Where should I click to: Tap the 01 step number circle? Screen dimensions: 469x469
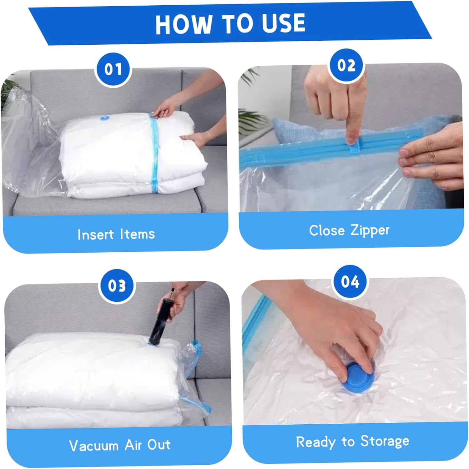pyautogui.click(x=113, y=69)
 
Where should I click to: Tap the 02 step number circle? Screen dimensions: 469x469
pyautogui.click(x=346, y=66)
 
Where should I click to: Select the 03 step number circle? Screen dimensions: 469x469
pyautogui.click(x=117, y=286)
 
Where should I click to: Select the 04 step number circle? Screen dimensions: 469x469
pyautogui.click(x=350, y=282)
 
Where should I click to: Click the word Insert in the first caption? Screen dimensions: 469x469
pyautogui.click(x=95, y=234)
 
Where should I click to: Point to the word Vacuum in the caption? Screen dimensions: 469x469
pyautogui.click(x=93, y=446)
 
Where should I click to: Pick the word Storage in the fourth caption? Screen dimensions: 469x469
pyautogui.click(x=385, y=441)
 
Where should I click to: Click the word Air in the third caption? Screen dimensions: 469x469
pyautogui.click(x=134, y=445)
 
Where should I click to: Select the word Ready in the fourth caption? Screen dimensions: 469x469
pyautogui.click(x=315, y=442)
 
